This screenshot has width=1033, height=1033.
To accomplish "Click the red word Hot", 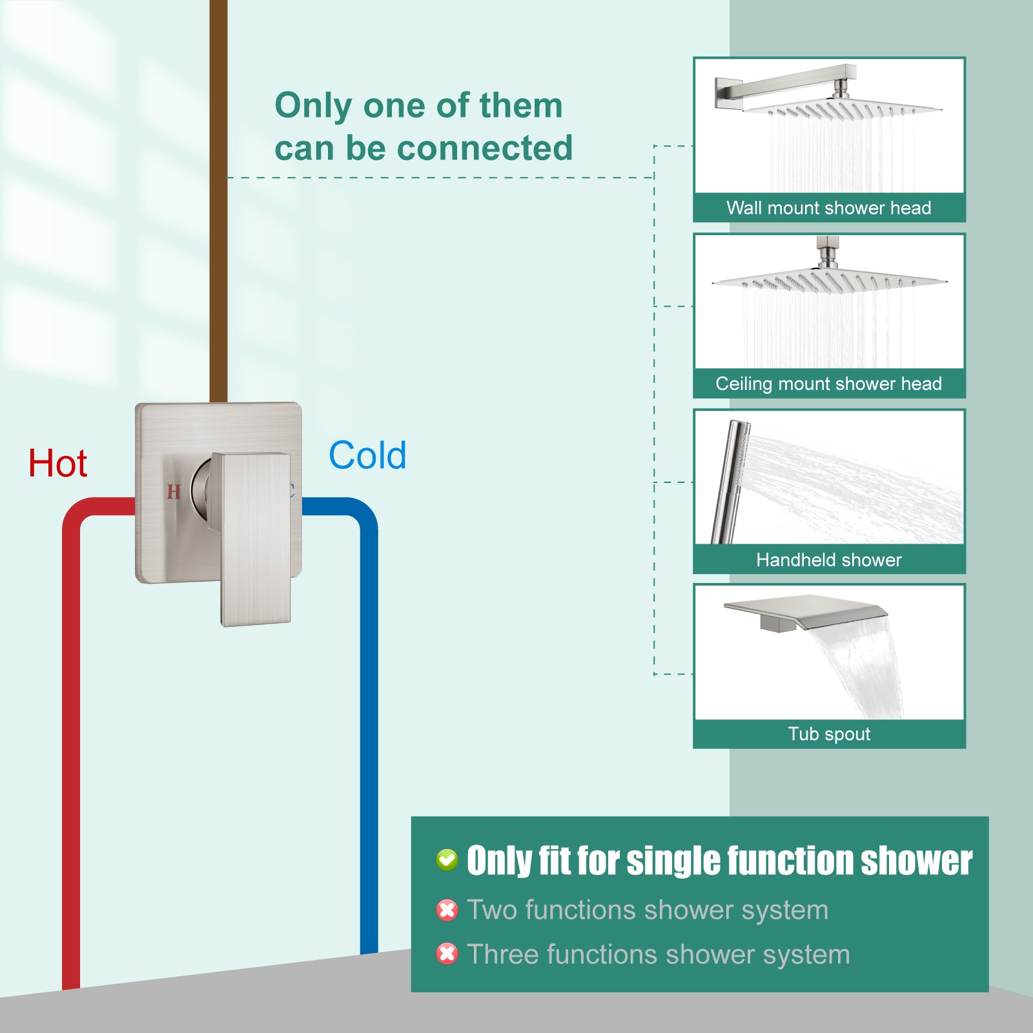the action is tap(57, 464).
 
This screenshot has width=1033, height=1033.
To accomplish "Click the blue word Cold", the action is tap(367, 455).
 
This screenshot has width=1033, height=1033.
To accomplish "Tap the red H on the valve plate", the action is tap(173, 492).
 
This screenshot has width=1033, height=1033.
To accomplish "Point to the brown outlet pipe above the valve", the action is tap(219, 200).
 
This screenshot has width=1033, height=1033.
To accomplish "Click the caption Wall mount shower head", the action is tap(829, 208).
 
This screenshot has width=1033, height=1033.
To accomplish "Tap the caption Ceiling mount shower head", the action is tap(829, 384).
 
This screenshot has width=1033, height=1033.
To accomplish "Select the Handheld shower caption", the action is tap(829, 560).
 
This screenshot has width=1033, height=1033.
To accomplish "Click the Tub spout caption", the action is tap(829, 734).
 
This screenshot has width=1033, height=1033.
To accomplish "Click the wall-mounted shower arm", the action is tap(785, 85).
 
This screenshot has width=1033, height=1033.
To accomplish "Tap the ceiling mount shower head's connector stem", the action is tap(828, 252).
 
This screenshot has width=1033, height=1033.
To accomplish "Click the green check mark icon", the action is tap(447, 860).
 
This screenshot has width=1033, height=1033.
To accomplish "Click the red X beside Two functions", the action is tap(447, 910).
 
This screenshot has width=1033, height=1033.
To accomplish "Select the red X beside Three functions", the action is tap(447, 954).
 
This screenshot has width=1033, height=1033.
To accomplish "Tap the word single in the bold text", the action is tap(674, 861).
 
